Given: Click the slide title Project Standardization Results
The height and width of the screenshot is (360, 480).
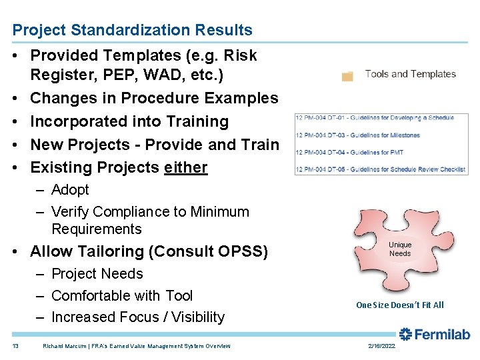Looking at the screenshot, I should [x=133, y=30].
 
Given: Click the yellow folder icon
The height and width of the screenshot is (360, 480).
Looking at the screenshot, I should [x=347, y=75].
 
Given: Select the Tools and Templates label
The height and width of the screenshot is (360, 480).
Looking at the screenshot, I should [x=410, y=74].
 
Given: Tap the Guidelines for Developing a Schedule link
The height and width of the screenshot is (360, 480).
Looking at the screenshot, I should [x=375, y=118].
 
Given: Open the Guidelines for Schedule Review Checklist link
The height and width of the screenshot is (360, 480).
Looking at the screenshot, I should [x=381, y=169].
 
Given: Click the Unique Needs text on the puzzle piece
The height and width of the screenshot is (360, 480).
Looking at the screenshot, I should [x=400, y=249].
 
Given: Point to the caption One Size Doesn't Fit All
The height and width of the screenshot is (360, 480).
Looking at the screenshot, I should [x=399, y=305].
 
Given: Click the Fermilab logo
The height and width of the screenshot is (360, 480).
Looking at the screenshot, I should [x=434, y=335].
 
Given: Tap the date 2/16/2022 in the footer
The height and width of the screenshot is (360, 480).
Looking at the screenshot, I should [x=381, y=346].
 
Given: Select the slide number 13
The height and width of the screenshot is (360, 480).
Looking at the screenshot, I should [x=16, y=346].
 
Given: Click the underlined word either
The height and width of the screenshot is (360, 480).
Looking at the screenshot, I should [x=185, y=167].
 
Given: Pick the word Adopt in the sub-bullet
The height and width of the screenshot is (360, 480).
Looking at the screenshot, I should [x=70, y=190].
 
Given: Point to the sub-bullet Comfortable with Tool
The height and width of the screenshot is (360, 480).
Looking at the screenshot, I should [x=122, y=295].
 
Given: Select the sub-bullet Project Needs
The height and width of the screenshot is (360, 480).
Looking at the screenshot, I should [x=97, y=274].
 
